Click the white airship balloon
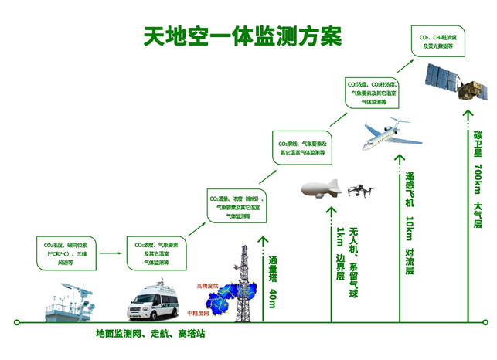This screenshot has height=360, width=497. coord(322,188)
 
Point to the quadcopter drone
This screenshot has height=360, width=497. coord(359,189)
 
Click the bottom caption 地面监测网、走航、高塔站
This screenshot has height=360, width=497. coord(151,335)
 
